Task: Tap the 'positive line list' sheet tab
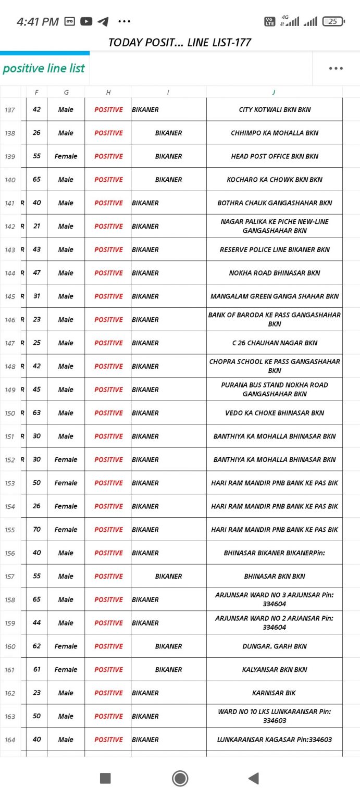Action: [x=44, y=68]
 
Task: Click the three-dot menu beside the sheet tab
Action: [x=336, y=68]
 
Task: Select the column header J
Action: [x=274, y=92]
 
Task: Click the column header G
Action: [x=66, y=92]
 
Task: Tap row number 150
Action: [x=10, y=413]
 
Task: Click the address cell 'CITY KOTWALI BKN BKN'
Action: [x=275, y=109]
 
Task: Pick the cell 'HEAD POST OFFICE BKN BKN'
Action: [x=275, y=156]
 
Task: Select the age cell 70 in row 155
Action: [x=36, y=530]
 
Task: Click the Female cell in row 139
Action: [x=66, y=156]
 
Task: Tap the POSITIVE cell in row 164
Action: [x=108, y=740]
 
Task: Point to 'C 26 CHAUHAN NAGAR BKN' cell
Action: [x=275, y=343]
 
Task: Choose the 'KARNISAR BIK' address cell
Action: [x=275, y=693]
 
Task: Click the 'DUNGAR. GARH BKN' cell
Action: [x=275, y=646]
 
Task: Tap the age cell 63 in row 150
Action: [x=36, y=413]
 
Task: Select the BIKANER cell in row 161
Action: [x=168, y=670]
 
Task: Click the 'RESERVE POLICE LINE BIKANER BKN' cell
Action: [x=275, y=249]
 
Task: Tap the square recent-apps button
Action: [x=105, y=778]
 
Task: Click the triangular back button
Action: [x=254, y=778]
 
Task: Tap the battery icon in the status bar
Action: [x=333, y=21]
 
